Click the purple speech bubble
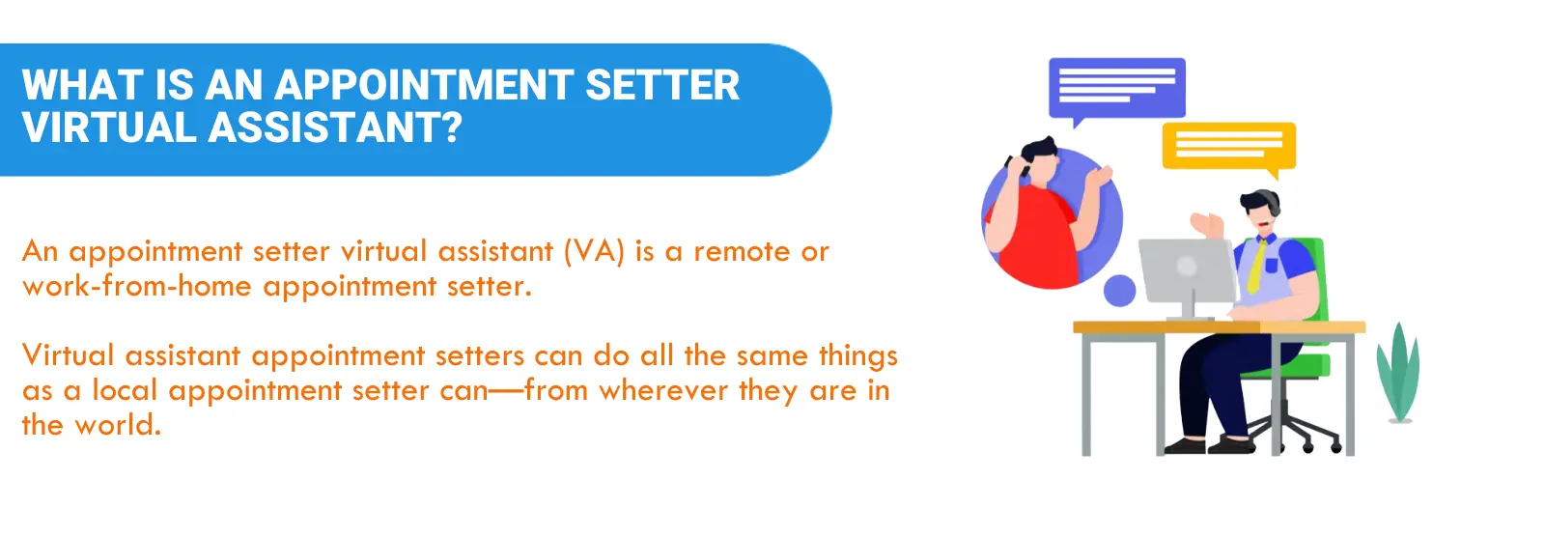click(x=1116, y=88)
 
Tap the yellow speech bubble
click(x=1228, y=147)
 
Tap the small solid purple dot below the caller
click(x=1119, y=290)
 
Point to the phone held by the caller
click(x=1015, y=165)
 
